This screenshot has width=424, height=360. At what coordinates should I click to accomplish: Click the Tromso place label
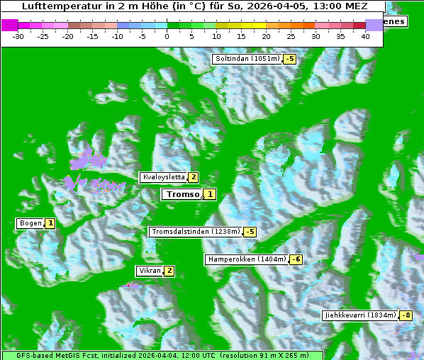(x=182, y=194)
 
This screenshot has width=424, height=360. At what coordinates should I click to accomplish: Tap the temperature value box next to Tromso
(x=210, y=194)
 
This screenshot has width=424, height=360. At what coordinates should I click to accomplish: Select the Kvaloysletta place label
(x=163, y=177)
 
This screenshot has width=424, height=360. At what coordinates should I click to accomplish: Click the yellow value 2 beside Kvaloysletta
(x=193, y=177)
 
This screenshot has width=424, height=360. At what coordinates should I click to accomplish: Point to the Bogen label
(x=30, y=223)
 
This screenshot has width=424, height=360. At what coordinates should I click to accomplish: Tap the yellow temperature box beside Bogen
(x=50, y=223)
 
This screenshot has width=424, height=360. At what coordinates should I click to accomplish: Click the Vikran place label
(x=150, y=271)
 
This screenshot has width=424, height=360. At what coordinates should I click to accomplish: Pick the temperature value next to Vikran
(x=169, y=271)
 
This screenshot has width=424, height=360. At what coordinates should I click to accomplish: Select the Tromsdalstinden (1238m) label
(x=195, y=231)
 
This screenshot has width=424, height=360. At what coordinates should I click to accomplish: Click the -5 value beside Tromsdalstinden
(x=250, y=232)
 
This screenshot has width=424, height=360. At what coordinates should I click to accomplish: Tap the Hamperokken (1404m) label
(x=247, y=259)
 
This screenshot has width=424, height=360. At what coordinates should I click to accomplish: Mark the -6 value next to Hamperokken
(x=296, y=260)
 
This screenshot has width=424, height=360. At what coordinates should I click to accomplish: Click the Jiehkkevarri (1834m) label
(x=359, y=315)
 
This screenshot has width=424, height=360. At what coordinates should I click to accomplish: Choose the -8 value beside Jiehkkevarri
(x=406, y=315)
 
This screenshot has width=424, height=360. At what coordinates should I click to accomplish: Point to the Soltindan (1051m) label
(x=246, y=59)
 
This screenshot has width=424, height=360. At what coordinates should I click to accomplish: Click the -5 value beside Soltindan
(x=289, y=59)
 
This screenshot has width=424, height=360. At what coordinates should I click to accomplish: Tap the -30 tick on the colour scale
(x=18, y=35)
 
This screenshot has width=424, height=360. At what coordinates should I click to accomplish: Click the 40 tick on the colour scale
(x=365, y=35)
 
